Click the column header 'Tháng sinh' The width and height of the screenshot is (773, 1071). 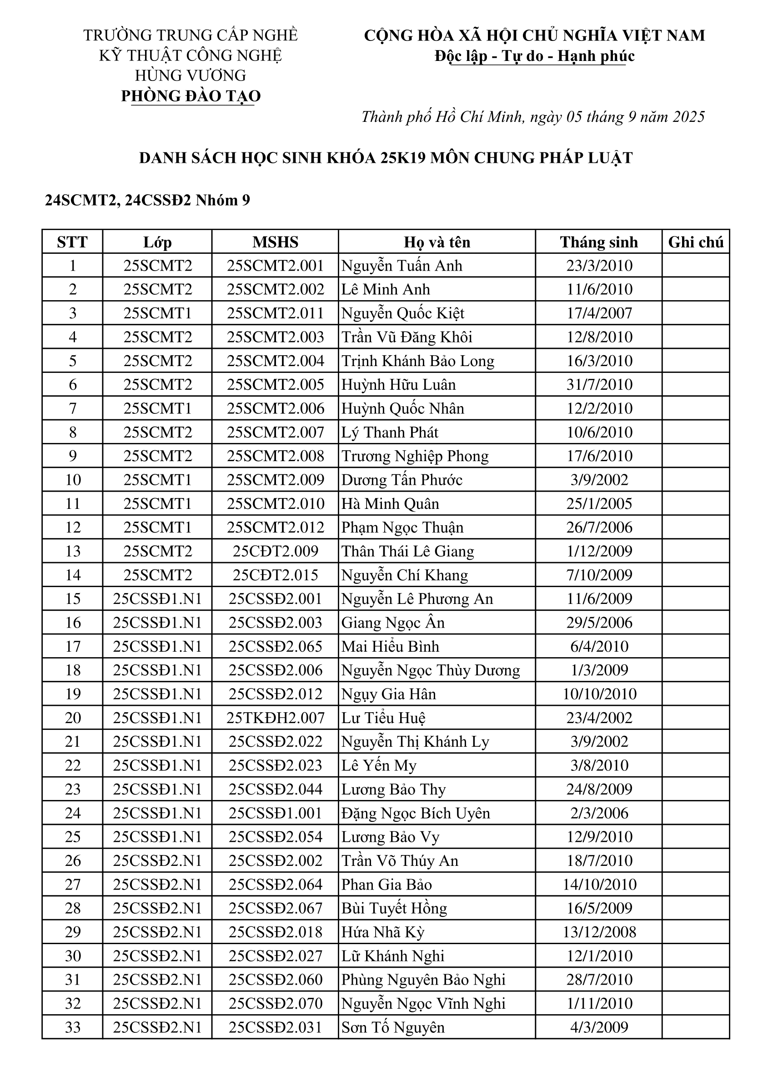point(598,242)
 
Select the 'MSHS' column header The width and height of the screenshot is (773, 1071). point(275,242)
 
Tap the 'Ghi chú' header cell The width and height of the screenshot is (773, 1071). point(696,242)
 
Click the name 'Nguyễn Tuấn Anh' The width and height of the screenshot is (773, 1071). point(402,266)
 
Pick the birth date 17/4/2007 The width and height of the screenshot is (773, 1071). point(599,313)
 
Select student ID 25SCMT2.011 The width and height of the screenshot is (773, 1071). point(275,313)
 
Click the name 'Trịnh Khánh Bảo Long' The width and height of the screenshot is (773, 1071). point(418,361)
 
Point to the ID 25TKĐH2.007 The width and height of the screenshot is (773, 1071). point(275,718)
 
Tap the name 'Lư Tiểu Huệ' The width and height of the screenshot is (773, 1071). point(383,718)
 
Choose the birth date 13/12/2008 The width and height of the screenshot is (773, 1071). point(599,932)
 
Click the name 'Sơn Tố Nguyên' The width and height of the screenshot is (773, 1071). point(393,1027)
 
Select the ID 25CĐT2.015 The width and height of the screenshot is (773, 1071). point(275,575)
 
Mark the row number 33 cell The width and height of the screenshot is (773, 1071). point(73,1027)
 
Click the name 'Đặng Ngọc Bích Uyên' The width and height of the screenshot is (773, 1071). point(416,813)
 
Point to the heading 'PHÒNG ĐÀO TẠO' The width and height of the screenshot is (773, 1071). point(191,96)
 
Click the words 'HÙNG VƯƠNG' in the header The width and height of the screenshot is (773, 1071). point(191,75)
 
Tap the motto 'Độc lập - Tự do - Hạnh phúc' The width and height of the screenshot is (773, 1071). point(535,56)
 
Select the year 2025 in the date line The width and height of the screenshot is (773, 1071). point(688,116)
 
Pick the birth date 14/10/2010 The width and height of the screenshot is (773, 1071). point(599,885)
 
